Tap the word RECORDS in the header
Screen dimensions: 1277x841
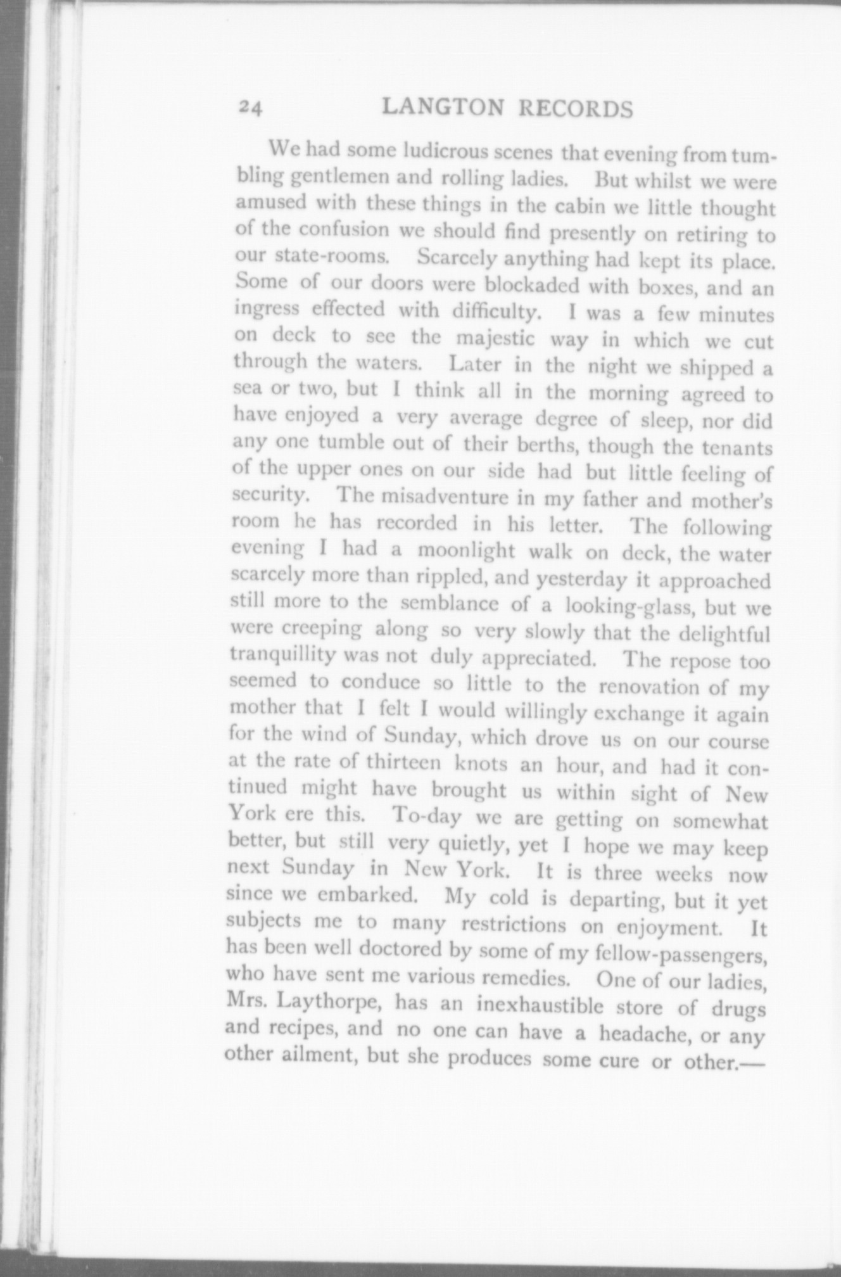tap(576, 110)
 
